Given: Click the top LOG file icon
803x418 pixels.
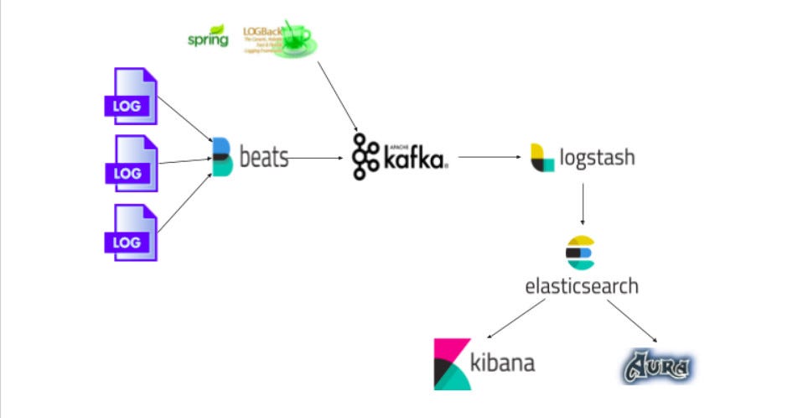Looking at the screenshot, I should coord(129,96).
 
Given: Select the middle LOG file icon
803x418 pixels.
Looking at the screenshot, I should coord(130,164).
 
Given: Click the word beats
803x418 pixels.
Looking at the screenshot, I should coord(264,157).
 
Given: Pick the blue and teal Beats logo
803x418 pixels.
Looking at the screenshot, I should coord(221,157).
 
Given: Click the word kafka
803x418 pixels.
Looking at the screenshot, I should coord(414,158).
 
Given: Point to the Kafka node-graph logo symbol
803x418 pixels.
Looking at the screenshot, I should coord(365,156).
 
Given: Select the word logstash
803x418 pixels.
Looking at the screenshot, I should coord(598,157).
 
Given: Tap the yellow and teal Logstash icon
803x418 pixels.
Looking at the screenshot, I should coord(542,157).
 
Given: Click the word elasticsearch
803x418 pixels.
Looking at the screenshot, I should coord(581,285).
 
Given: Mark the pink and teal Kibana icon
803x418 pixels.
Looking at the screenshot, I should coord(453,364).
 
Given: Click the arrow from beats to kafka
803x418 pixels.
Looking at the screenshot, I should coord(316,157).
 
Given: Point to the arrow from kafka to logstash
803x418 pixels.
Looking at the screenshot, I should coord(490,157).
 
